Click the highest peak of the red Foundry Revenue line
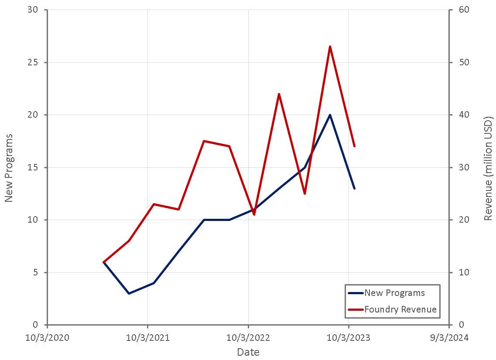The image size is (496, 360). (x=330, y=46)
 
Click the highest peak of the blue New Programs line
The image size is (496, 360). (x=330, y=115)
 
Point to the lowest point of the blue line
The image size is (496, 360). (x=129, y=293)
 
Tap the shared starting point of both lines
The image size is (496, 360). (x=103, y=262)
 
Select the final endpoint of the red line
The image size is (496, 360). (x=354, y=146)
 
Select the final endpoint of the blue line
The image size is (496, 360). (x=354, y=188)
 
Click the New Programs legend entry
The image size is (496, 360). (x=394, y=293)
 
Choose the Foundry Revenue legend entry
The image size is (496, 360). (x=400, y=309)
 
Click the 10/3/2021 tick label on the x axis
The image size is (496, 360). (x=147, y=338)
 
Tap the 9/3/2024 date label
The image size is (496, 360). (x=449, y=338)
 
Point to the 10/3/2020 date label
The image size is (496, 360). (x=47, y=338)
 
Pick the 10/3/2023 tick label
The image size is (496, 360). (x=348, y=338)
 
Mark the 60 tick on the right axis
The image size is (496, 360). (x=461, y=10)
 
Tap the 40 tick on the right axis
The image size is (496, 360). (x=461, y=115)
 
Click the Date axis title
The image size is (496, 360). (x=248, y=352)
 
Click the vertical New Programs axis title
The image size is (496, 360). (x=9, y=168)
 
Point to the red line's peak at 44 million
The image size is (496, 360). (x=279, y=94)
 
